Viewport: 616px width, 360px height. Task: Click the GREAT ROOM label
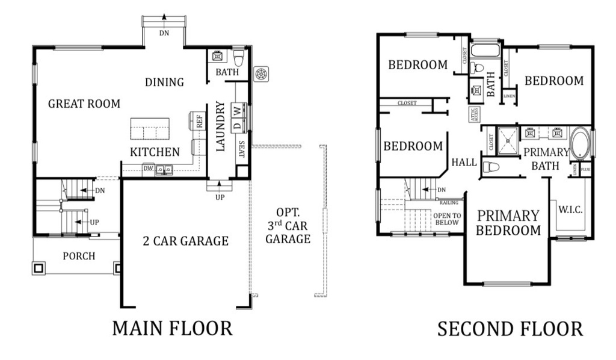(84, 104)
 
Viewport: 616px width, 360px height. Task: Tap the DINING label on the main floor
(164, 82)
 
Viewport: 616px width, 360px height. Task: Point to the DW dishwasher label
(148, 169)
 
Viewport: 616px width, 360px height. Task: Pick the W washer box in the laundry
(238, 110)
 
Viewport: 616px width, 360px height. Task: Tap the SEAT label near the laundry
(241, 149)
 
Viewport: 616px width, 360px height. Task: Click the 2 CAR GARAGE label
(185, 241)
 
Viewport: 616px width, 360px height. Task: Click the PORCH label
(79, 256)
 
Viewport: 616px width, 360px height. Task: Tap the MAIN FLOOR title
(172, 328)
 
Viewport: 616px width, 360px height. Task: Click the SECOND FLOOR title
(510, 329)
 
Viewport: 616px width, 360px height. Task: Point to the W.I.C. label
(570, 209)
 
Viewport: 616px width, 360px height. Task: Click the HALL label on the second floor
(464, 163)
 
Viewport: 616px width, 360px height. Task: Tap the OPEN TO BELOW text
(446, 219)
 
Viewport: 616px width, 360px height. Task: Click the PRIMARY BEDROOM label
(509, 223)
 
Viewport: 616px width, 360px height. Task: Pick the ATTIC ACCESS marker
(474, 114)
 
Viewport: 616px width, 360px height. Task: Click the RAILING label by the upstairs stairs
(449, 203)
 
